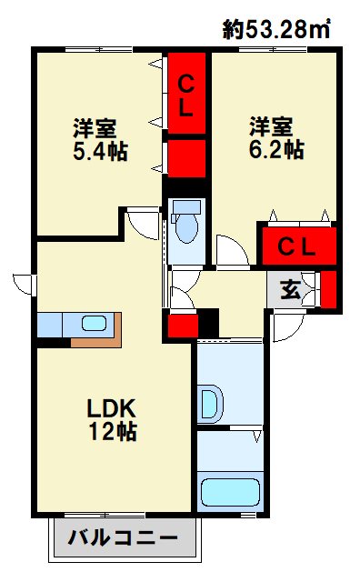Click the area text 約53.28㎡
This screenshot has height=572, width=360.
pos(276,29)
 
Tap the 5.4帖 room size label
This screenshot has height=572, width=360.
pos(99,149)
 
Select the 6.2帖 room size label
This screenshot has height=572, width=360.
pos(276,149)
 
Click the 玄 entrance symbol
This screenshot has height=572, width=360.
pos(290,290)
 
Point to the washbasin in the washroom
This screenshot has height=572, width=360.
pos(210,401)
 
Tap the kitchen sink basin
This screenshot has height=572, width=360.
pos(94,323)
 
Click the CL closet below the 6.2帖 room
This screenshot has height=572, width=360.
pos(296,246)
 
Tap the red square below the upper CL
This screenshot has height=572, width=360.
pos(186,157)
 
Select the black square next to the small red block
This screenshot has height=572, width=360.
pos(209,324)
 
